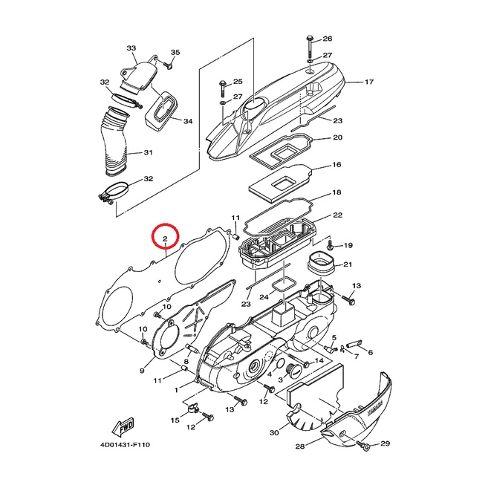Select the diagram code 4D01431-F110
125,445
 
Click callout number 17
369,82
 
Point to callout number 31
148,152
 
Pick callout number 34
188,121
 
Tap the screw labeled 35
168,65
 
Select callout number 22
337,215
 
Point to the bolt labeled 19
330,246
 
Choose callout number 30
274,432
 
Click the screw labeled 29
363,445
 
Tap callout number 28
300,446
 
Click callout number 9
142,371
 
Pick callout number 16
336,165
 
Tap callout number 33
131,48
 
